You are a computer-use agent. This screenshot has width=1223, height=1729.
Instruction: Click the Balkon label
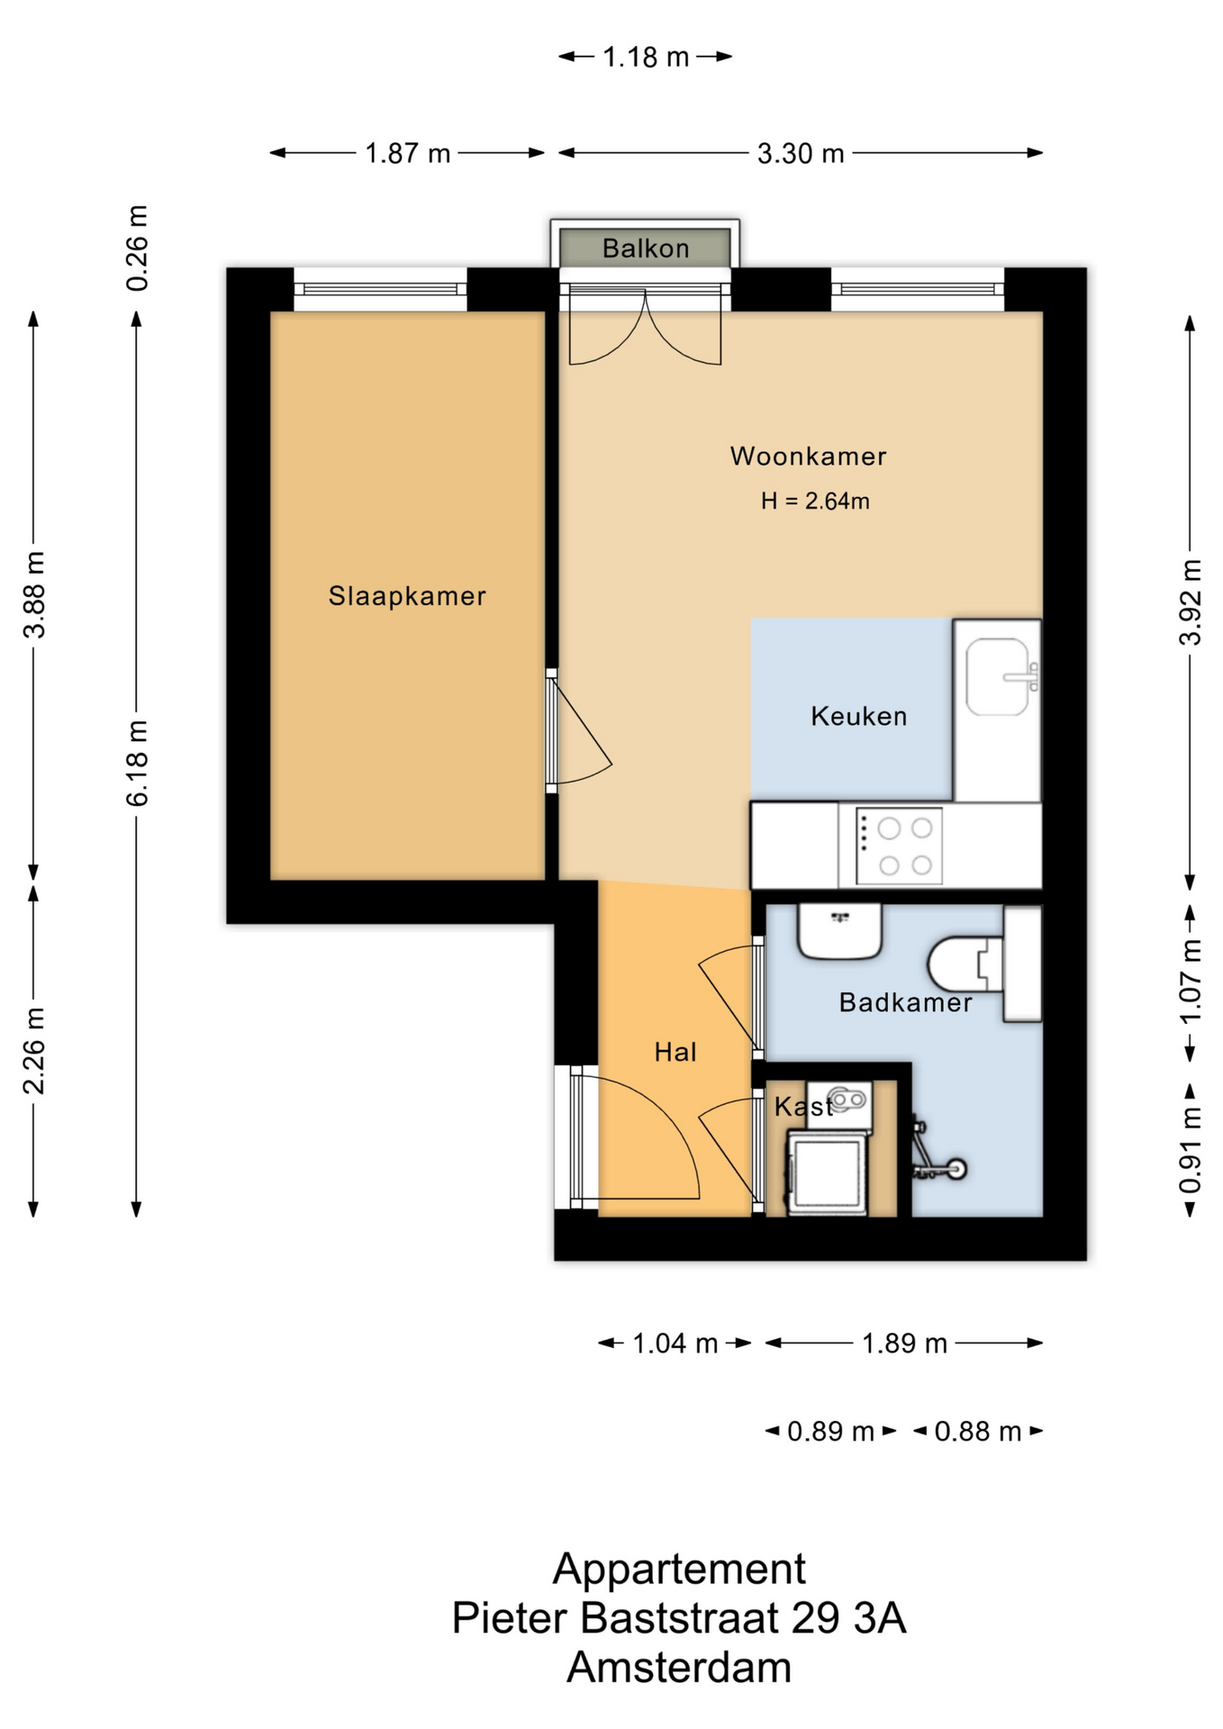(x=646, y=248)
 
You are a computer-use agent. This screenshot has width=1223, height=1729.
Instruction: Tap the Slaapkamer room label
(x=407, y=595)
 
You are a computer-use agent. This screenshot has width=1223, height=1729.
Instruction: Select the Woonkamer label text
(x=808, y=456)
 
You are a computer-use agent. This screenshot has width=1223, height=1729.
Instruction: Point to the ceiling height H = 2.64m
(x=815, y=501)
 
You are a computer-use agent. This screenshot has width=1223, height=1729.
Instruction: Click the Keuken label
(x=858, y=716)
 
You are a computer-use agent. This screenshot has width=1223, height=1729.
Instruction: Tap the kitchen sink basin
(x=997, y=677)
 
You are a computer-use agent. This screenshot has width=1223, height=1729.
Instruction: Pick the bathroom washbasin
(x=839, y=932)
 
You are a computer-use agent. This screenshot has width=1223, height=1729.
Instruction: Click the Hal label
(x=675, y=1052)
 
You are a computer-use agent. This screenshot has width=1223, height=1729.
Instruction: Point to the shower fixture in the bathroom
(x=937, y=1153)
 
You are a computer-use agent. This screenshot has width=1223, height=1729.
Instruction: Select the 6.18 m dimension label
(x=136, y=763)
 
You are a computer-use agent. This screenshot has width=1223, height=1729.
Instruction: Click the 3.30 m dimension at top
(x=801, y=153)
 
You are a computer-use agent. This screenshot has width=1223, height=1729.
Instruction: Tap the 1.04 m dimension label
(x=675, y=1344)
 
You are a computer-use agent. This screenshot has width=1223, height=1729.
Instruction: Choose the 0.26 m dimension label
(x=136, y=248)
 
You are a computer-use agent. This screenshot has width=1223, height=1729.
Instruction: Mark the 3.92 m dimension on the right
(x=1190, y=602)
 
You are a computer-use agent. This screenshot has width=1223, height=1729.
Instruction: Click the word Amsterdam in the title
(x=679, y=1667)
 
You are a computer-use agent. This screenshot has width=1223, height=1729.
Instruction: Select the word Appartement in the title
(x=679, y=1570)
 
